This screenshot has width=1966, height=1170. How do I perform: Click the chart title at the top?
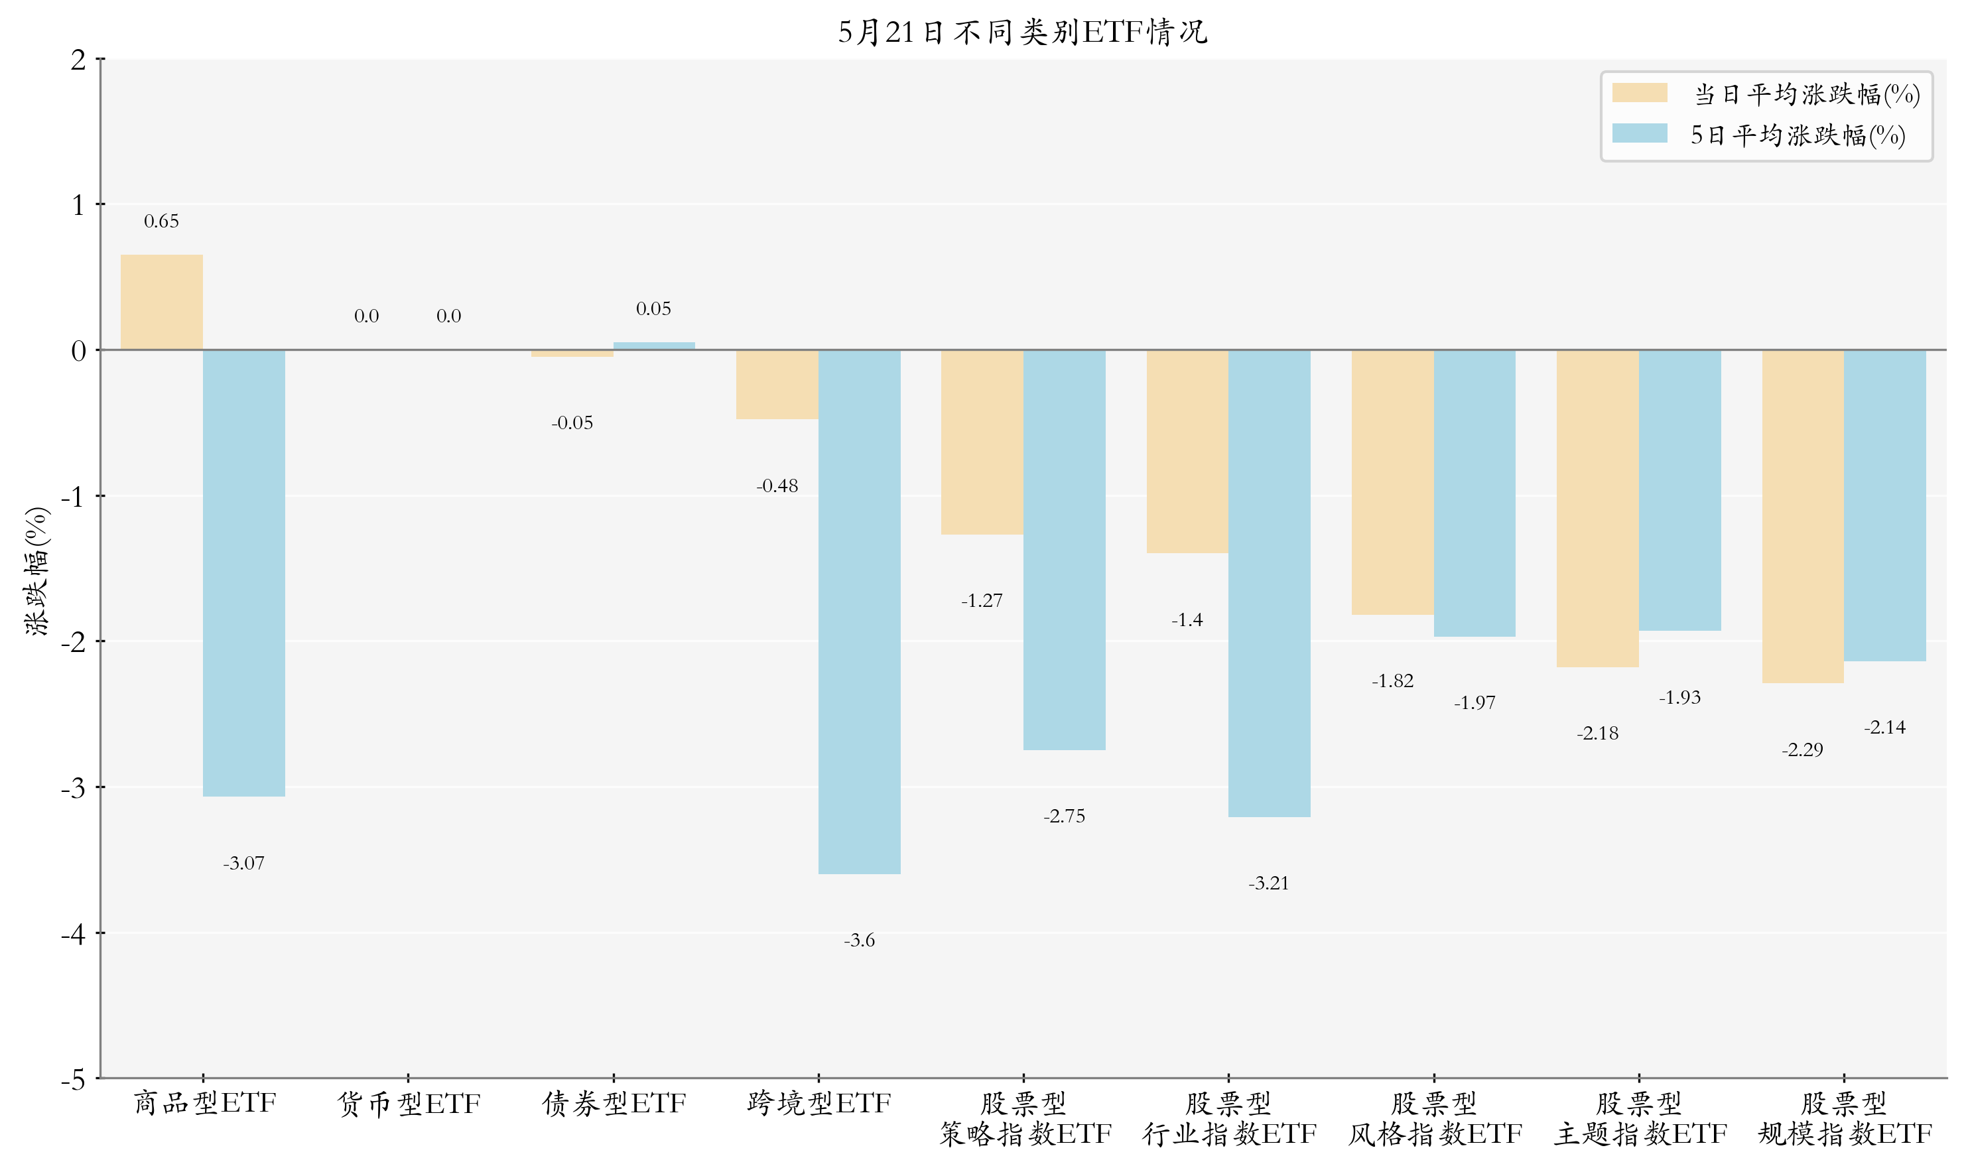coord(1022,32)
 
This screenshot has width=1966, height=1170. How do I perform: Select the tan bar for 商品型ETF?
coord(162,302)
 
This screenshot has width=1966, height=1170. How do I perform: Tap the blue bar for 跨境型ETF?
coord(859,612)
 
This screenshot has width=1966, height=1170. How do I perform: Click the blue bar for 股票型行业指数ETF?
coord(1269,584)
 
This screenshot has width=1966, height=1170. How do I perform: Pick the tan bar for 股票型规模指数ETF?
coord(1803,517)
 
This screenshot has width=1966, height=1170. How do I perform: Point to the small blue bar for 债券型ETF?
coord(654,346)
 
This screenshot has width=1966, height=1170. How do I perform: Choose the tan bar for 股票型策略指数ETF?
coord(982,442)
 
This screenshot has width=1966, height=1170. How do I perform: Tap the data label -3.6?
coord(859,941)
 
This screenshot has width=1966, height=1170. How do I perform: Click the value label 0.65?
coord(162,222)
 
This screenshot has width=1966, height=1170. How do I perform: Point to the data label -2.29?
coord(1803,749)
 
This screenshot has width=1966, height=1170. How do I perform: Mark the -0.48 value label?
coord(777,486)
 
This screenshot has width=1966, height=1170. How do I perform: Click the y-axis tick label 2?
coord(78,60)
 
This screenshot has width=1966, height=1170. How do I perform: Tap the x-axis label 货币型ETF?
coord(409,1104)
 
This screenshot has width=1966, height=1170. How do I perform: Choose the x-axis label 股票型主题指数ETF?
coord(1640,1119)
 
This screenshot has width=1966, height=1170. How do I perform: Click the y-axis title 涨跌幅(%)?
coord(37,572)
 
